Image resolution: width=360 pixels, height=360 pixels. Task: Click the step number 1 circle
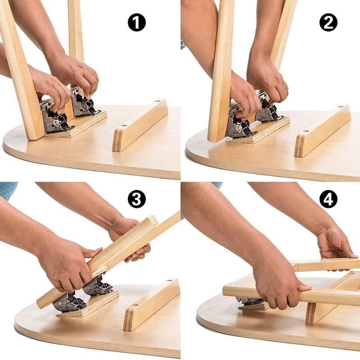137,22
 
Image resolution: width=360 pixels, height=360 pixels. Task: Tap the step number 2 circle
328,22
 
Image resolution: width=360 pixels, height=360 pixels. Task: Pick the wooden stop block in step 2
322,130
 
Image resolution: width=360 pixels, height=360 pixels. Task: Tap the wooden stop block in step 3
151,304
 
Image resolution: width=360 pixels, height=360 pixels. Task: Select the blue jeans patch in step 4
217,184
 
